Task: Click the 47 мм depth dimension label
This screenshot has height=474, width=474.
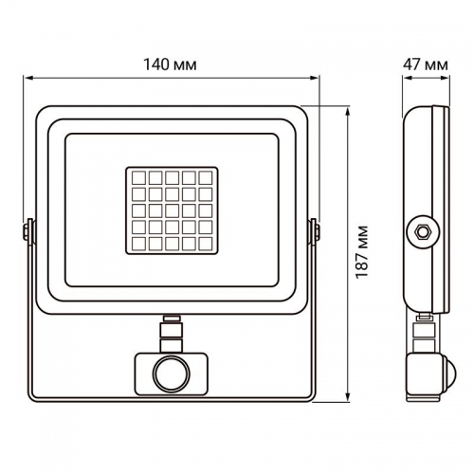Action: tap(424, 64)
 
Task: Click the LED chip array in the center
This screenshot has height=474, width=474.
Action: tap(172, 209)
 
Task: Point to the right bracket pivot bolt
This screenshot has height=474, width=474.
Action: tap(315, 230)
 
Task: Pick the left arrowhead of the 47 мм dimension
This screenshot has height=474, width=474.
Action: tap(404, 80)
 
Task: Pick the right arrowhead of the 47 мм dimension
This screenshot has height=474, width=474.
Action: tap(447, 80)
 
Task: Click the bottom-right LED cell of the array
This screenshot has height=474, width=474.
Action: tap(209, 245)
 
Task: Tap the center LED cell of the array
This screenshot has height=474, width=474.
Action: tap(172, 210)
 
